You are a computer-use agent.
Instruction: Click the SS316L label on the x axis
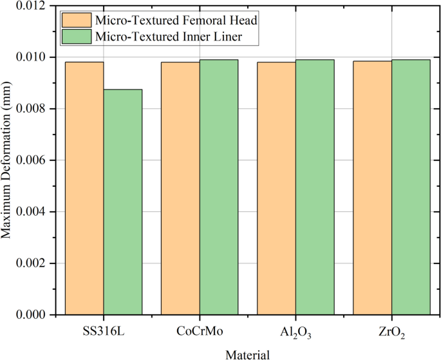[104, 331]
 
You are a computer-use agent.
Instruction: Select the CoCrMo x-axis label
[200, 331]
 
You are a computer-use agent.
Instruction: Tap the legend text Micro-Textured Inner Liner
[168, 37]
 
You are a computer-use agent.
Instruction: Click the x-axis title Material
[247, 353]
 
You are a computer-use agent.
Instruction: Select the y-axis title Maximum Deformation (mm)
[7, 160]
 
